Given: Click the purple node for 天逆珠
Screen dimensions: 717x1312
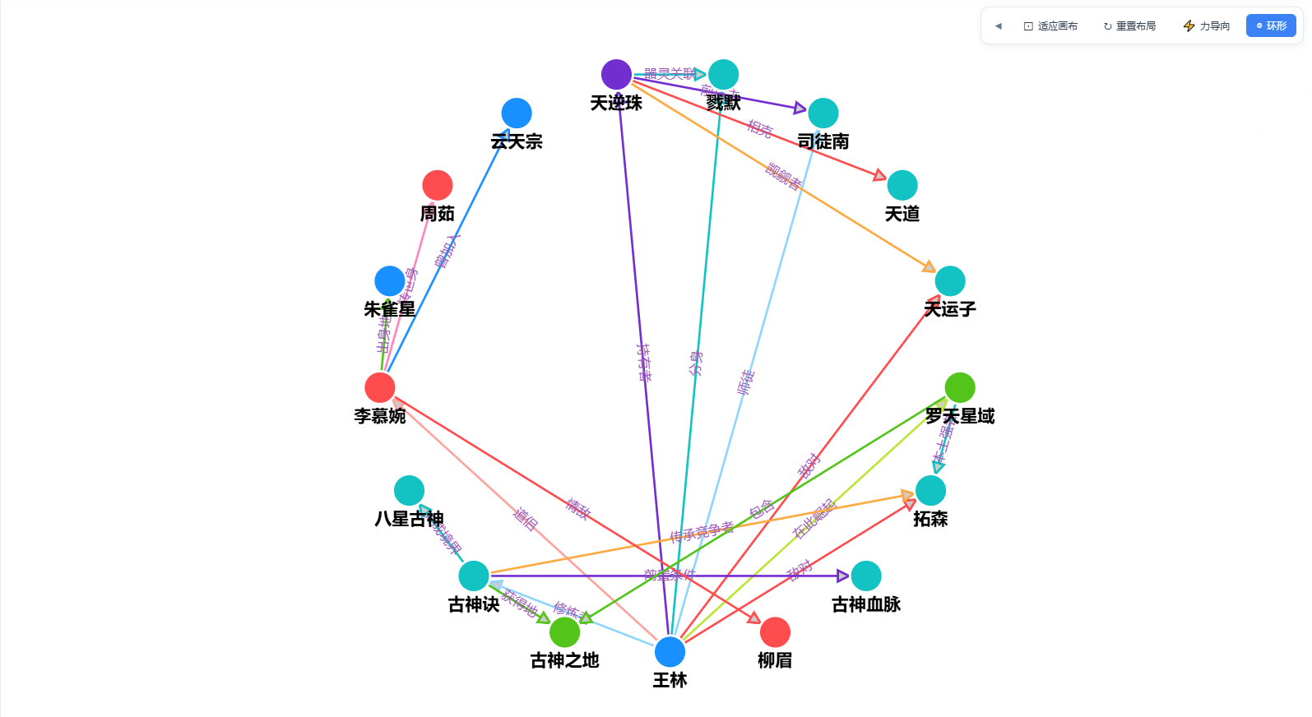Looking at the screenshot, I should coord(616,75).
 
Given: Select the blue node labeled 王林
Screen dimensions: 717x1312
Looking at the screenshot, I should coord(670,652).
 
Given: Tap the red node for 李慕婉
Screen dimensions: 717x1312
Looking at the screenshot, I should coord(380,387).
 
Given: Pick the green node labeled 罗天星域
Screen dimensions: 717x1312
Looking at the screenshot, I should coord(960,387).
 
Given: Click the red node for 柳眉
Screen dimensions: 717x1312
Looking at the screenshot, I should coord(775,632).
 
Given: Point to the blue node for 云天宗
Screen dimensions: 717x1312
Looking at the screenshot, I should coord(517,113).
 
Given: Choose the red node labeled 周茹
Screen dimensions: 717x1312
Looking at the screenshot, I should coord(438,186).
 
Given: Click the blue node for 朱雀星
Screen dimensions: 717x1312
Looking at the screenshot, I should coord(390,281).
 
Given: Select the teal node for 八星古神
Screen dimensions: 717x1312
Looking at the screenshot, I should coord(409,491).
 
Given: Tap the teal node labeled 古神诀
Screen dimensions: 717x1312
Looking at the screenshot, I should coord(474,576).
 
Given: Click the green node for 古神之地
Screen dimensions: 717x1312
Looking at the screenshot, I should coord(564,632).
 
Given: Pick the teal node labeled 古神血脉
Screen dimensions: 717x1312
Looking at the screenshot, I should coord(866,576).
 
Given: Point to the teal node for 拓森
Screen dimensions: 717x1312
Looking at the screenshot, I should coord(930,491).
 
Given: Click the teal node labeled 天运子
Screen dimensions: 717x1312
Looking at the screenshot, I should coord(950,281).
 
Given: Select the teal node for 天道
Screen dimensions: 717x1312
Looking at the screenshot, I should coord(902,186).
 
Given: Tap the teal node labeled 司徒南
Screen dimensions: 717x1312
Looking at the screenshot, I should coord(823,113).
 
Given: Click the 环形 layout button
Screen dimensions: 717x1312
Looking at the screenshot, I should coord(1271,26).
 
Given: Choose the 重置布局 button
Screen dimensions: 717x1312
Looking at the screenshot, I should coord(1129,26).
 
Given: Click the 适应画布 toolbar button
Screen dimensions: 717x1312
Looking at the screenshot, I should coord(1050,26).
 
